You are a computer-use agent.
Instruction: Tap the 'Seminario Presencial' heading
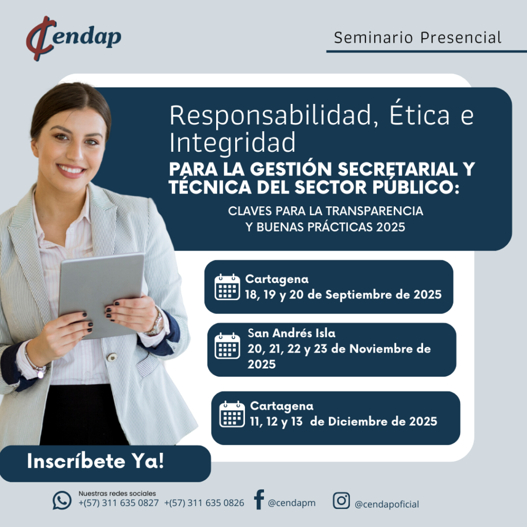point(417,37)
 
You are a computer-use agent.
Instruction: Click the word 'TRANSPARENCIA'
point(374,210)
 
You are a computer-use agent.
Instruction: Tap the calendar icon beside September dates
point(227,287)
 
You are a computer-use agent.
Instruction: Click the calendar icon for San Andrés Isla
point(227,346)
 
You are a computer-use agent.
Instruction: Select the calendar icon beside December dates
point(232,414)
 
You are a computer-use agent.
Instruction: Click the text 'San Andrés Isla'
point(291,333)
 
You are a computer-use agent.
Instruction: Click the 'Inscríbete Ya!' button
point(104,463)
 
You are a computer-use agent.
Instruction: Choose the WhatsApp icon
point(62,500)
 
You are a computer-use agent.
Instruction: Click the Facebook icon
point(259,499)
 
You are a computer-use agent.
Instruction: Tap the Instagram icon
point(342,500)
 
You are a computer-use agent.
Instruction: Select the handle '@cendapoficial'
point(387,504)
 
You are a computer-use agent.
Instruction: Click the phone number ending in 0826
point(204,503)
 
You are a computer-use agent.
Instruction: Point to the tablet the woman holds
point(101,295)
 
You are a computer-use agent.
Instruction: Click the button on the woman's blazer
point(112,357)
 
